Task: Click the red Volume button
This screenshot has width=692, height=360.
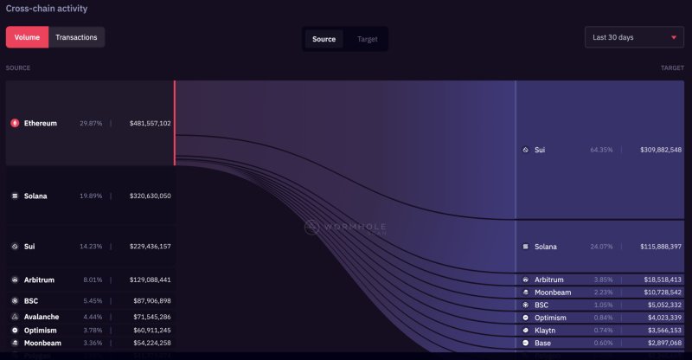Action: pyautogui.click(x=27, y=37)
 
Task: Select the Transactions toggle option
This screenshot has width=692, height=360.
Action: pyautogui.click(x=76, y=37)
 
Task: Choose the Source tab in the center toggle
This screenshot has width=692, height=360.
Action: pyautogui.click(x=324, y=39)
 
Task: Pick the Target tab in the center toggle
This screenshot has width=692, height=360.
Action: pyautogui.click(x=367, y=39)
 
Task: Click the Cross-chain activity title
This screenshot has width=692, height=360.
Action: pyautogui.click(x=47, y=9)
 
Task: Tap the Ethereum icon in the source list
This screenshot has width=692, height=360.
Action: pyautogui.click(x=15, y=123)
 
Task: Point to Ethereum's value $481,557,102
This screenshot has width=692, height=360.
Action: pyautogui.click(x=151, y=123)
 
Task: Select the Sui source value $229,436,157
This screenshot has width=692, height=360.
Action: pyautogui.click(x=151, y=247)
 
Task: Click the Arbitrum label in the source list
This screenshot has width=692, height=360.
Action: pyautogui.click(x=41, y=280)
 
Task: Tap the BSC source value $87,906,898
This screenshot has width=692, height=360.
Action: pyautogui.click(x=152, y=301)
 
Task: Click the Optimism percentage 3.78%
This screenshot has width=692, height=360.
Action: pyautogui.click(x=91, y=331)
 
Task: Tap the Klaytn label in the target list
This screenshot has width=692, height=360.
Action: pyautogui.click(x=546, y=331)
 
